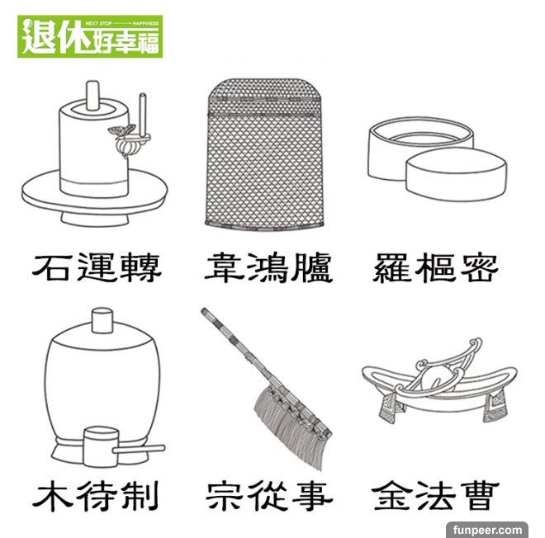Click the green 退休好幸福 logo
pos(90,36)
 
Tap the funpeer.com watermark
pos(487,530)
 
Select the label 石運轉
pos(97,267)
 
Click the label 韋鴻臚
pos(268,268)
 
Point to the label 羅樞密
pos(436,267)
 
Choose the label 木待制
pos(96,495)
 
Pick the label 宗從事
pos(269,495)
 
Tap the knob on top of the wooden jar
pos(102,320)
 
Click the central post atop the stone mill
pos(92,95)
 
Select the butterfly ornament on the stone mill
pos(121,130)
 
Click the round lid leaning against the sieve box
pos(456,173)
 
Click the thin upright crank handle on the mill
pos(143,113)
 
